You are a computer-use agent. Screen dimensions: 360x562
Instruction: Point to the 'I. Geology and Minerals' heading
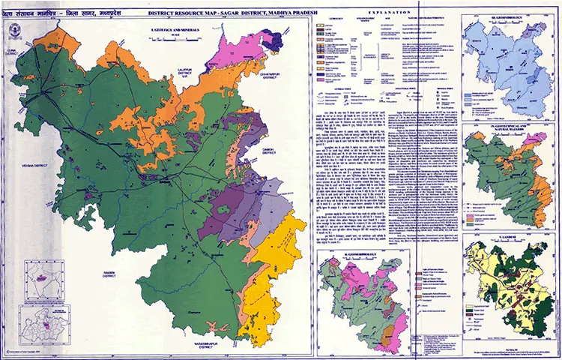click(169, 28)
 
